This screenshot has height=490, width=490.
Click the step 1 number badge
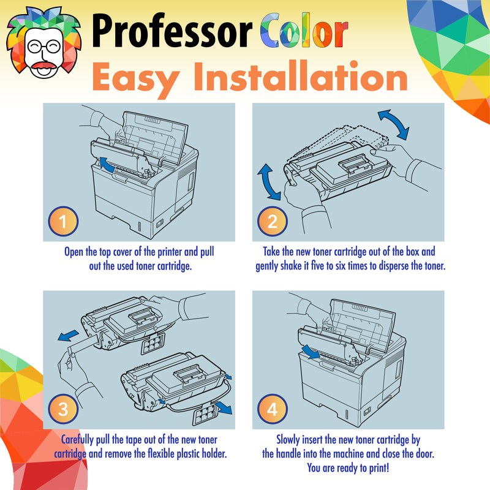click(63, 221)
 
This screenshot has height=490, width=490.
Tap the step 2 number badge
click(272, 221)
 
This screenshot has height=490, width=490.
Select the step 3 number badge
click(63, 409)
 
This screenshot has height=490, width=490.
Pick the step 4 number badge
click(272, 409)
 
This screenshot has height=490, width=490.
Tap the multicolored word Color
click(304, 31)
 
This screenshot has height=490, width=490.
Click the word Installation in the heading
click(301, 75)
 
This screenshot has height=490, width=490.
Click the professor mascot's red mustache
click(43, 66)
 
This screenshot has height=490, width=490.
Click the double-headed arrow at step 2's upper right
click(393, 124)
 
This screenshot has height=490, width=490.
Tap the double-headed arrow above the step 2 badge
click(269, 182)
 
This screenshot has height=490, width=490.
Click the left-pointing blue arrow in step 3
click(68, 336)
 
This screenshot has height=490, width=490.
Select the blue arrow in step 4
click(311, 352)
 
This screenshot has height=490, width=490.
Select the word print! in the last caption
click(379, 468)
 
